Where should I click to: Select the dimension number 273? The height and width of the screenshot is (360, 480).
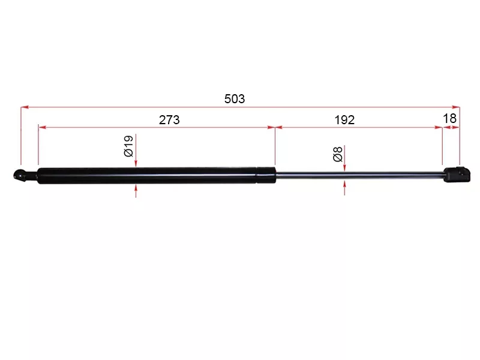169,119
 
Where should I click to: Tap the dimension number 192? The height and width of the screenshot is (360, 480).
344,119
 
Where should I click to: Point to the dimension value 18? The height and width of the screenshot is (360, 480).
451,118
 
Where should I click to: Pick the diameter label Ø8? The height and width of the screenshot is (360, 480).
338,155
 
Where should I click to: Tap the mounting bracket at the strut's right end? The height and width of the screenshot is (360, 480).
454,175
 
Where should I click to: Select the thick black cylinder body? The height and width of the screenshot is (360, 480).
144,176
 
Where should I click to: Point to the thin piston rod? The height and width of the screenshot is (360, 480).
360,175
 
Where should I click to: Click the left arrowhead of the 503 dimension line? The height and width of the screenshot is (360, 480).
25,108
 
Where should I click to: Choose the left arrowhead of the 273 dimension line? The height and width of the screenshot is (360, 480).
41,127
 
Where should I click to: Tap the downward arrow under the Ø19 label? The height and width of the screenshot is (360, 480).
136,163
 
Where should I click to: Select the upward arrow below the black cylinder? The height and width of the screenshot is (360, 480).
136,189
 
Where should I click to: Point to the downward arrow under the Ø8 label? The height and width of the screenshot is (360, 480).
344,168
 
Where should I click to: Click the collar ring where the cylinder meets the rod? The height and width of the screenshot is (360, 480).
266,175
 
